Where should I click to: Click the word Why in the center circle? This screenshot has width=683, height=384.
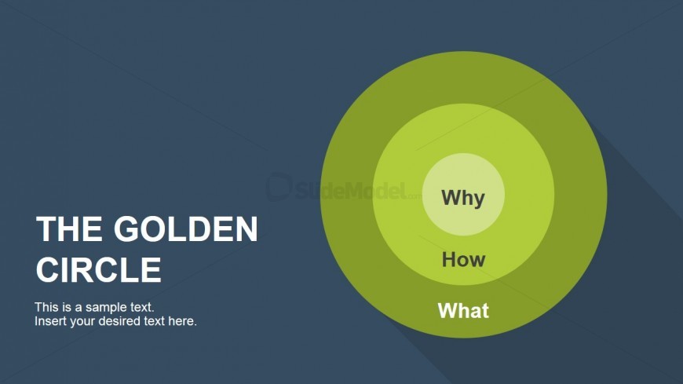coord(463,199)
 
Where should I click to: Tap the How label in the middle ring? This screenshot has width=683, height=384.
coord(463,260)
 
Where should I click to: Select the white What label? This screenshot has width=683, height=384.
coord(463,311)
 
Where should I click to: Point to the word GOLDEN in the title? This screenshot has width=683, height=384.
coord(185,229)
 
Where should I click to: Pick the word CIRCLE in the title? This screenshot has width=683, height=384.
coord(98,269)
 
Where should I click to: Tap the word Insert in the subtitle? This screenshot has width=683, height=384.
coord(49,321)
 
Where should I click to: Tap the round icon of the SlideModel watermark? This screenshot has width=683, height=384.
coord(279,187)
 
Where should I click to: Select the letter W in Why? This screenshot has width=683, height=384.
coord(451,196)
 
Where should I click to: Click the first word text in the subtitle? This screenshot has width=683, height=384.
coord(141,307)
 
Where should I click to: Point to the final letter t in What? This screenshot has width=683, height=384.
coord(485,311)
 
